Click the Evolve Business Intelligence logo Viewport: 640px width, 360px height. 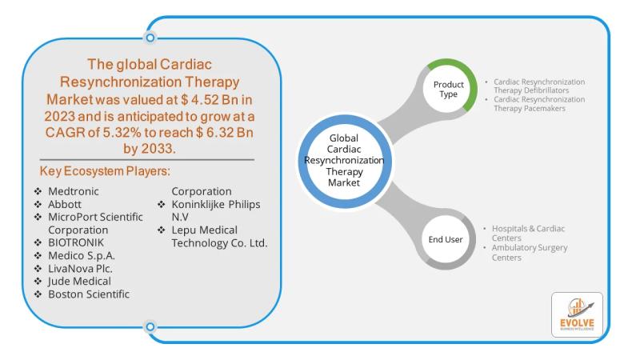[x=577, y=314]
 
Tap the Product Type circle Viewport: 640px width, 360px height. [x=449, y=90]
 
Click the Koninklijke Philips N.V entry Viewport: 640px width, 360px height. [x=216, y=210]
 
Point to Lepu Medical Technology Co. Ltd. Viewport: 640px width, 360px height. [x=219, y=236]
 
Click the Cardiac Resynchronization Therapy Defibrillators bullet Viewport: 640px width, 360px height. [x=538, y=86]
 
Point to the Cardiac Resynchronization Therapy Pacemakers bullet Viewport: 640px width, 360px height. [x=538, y=103]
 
